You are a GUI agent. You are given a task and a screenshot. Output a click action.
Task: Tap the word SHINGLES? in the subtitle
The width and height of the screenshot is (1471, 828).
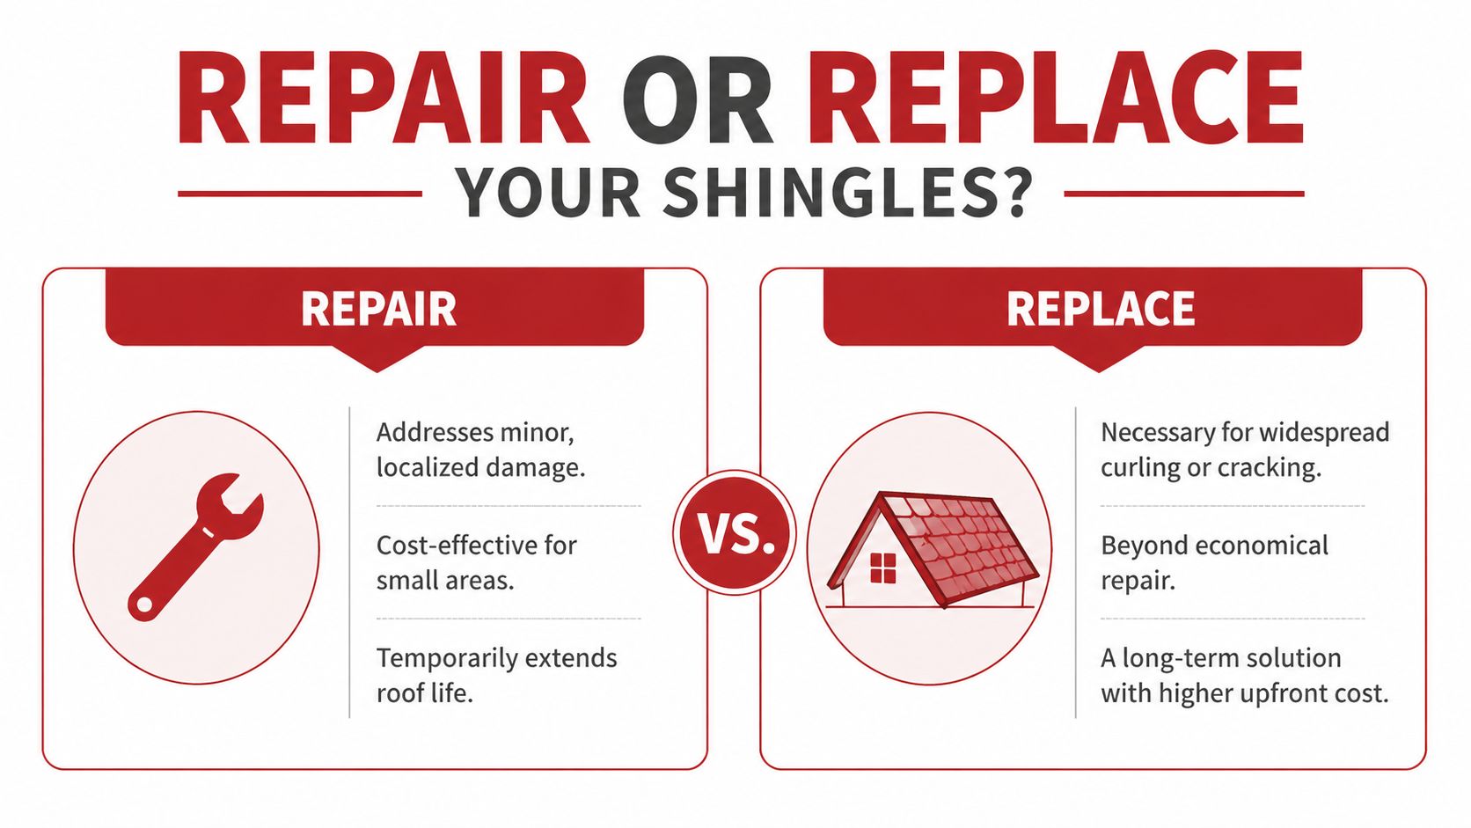point(845,194)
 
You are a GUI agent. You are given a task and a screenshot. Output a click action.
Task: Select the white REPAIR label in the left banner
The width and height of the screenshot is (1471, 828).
point(378,309)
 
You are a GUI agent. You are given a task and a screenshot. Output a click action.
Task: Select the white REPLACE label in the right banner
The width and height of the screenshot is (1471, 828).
point(1101,309)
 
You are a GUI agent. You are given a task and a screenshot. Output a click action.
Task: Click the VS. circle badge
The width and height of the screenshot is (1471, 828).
point(735,533)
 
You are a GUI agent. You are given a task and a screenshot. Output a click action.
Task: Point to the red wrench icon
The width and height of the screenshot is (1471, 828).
point(196,546)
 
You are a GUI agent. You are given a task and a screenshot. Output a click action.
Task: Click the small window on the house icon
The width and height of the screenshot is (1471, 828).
point(882,568)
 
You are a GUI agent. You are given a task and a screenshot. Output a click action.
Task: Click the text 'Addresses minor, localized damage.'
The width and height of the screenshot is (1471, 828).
point(480,450)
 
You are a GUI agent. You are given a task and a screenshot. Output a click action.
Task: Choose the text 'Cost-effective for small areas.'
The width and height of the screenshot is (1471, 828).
point(476,562)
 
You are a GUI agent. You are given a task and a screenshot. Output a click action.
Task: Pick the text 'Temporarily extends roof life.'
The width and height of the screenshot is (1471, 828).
point(496,675)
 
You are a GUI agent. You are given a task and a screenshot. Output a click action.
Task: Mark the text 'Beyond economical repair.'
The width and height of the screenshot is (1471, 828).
point(1214,562)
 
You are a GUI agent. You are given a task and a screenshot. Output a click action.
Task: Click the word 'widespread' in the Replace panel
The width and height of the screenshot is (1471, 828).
point(1324,433)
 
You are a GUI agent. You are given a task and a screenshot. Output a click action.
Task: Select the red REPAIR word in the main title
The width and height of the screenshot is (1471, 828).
point(383,99)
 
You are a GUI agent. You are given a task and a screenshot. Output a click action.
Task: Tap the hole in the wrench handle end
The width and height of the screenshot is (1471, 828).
point(143,605)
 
